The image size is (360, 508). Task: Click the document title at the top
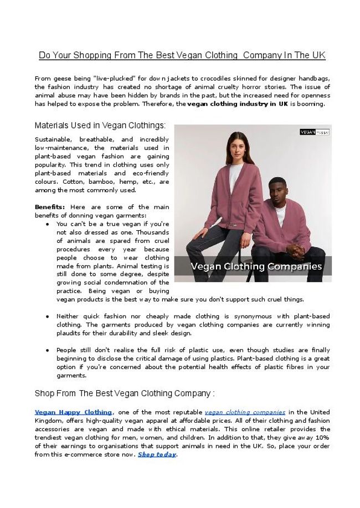182,55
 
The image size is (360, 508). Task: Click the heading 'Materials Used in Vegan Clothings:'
100,125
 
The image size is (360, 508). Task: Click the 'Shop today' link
157,454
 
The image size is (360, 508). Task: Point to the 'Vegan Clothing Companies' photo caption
256,266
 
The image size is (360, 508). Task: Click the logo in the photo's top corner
314,132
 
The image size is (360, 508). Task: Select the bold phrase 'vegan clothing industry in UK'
238,103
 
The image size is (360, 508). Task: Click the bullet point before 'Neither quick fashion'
49,317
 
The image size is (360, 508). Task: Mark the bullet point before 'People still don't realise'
49,350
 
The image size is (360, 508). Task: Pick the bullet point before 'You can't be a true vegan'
49,224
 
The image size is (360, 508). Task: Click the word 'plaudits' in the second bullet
69,333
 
